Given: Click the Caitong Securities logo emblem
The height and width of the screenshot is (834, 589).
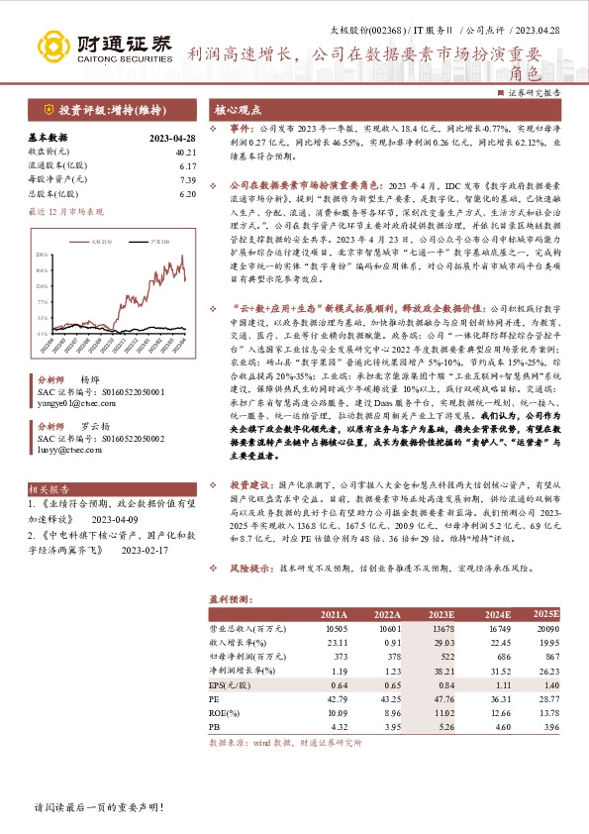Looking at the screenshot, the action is [x=52, y=46].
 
